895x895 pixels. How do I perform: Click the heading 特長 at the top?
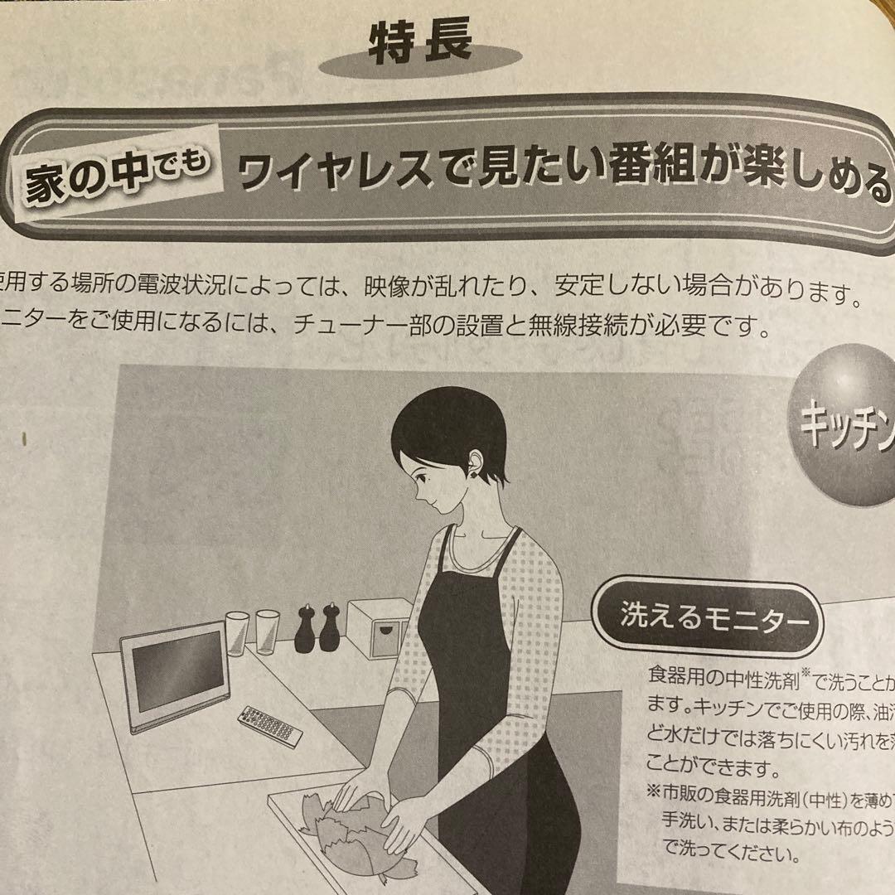[x=419, y=41]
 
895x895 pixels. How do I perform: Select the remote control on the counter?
[x=270, y=726]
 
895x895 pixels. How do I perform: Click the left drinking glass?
[x=237, y=633]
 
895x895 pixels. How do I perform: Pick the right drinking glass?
[x=267, y=632]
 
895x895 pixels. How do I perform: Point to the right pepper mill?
[x=330, y=627]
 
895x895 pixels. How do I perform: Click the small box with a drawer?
[x=380, y=627]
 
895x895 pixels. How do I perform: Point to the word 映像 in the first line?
[x=389, y=294]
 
